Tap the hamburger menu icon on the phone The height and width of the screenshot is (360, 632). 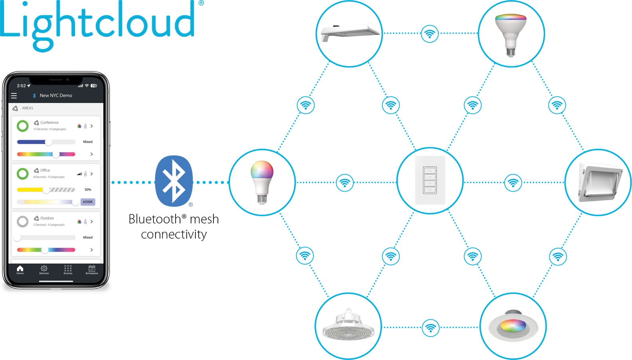(x=14, y=96)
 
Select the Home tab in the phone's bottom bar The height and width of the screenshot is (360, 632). (x=20, y=270)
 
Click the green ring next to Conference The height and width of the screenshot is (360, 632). (x=23, y=126)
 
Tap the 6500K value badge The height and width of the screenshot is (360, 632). (x=88, y=202)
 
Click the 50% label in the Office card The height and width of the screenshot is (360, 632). (x=88, y=190)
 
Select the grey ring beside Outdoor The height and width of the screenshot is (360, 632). (x=23, y=222)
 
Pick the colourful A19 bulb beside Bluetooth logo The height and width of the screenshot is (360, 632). (x=262, y=182)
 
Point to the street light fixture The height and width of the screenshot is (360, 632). (x=349, y=33)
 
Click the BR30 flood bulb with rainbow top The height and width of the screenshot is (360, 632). (x=511, y=34)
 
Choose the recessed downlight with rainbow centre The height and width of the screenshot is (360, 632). (x=513, y=326)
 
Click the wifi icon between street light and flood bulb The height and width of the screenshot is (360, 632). (x=430, y=34)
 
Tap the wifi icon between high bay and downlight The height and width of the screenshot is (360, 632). (x=430, y=328)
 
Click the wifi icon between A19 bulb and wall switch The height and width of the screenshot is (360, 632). (x=345, y=183)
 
